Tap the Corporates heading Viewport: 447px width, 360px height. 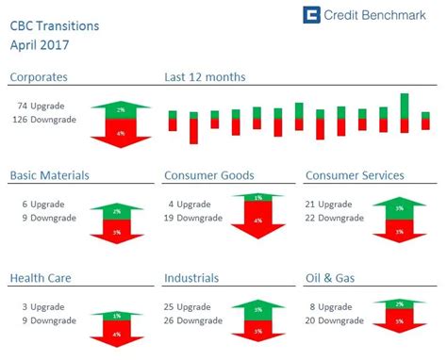coord(39,77)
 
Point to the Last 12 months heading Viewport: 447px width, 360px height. coord(205,77)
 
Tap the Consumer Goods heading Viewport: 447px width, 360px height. coord(208,175)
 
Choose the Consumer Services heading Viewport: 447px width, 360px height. coord(355,175)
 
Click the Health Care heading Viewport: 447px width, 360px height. coord(41,278)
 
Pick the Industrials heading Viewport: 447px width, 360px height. coord(191,278)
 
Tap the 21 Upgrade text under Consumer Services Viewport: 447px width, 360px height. coord(338,205)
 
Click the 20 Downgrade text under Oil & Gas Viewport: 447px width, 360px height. coord(338,320)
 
